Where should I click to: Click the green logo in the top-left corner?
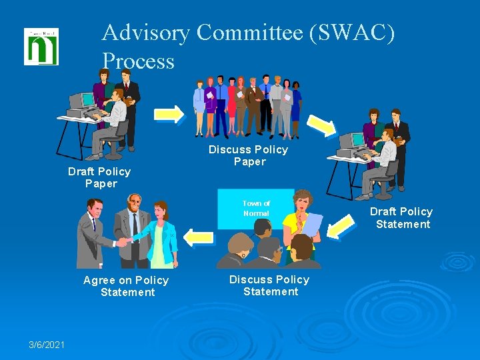click(41, 47)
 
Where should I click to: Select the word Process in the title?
click(138, 61)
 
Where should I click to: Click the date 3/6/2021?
click(47, 344)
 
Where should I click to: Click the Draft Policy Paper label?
click(99, 177)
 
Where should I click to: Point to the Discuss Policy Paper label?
click(249, 155)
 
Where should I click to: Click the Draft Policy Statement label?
click(401, 217)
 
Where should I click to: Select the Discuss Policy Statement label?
click(269, 285)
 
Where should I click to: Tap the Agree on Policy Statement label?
click(126, 286)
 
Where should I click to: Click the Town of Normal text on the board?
click(256, 208)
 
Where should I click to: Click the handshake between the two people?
click(122, 242)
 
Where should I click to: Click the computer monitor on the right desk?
click(351, 141)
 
